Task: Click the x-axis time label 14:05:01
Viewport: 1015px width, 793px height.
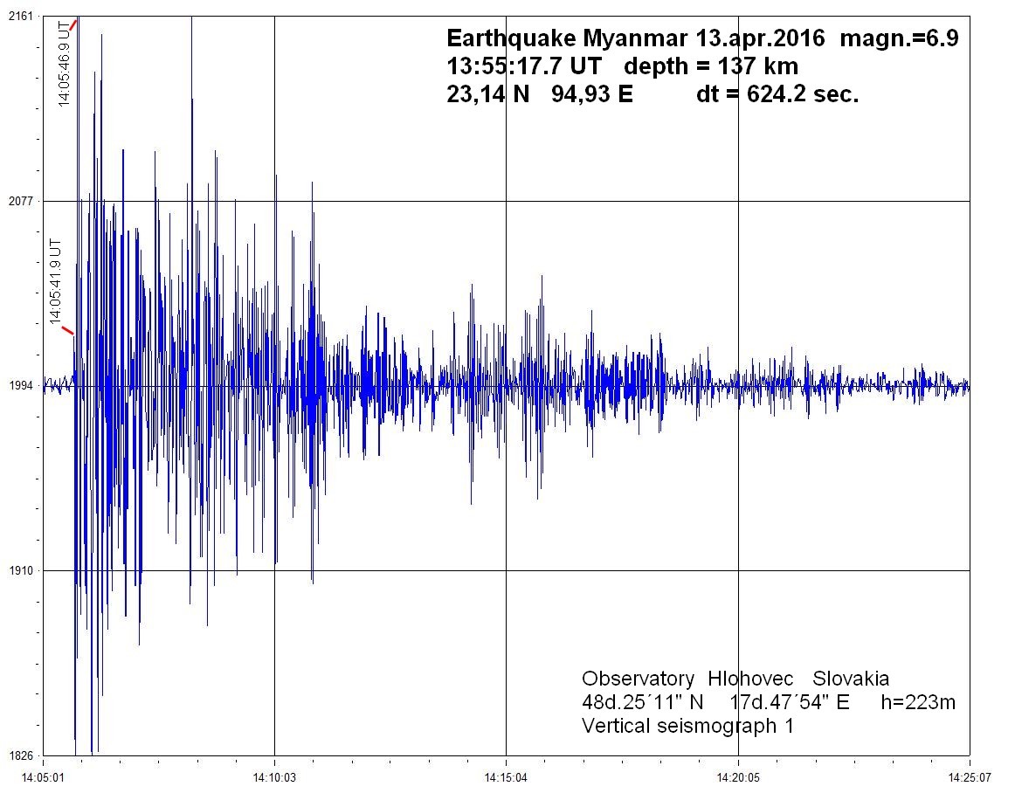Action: coord(43,776)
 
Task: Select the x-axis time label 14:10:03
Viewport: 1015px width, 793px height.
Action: coord(274,776)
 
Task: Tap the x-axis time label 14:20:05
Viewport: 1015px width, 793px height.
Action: coord(738,776)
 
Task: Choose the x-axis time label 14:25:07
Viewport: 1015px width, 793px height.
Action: coord(970,776)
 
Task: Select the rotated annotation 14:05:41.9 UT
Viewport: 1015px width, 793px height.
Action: coord(56,281)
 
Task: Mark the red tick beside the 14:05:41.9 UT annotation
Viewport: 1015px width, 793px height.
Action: coord(67,330)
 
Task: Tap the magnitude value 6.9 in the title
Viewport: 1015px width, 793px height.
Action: coord(942,39)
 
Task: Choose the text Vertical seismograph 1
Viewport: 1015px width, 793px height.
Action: coord(687,726)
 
